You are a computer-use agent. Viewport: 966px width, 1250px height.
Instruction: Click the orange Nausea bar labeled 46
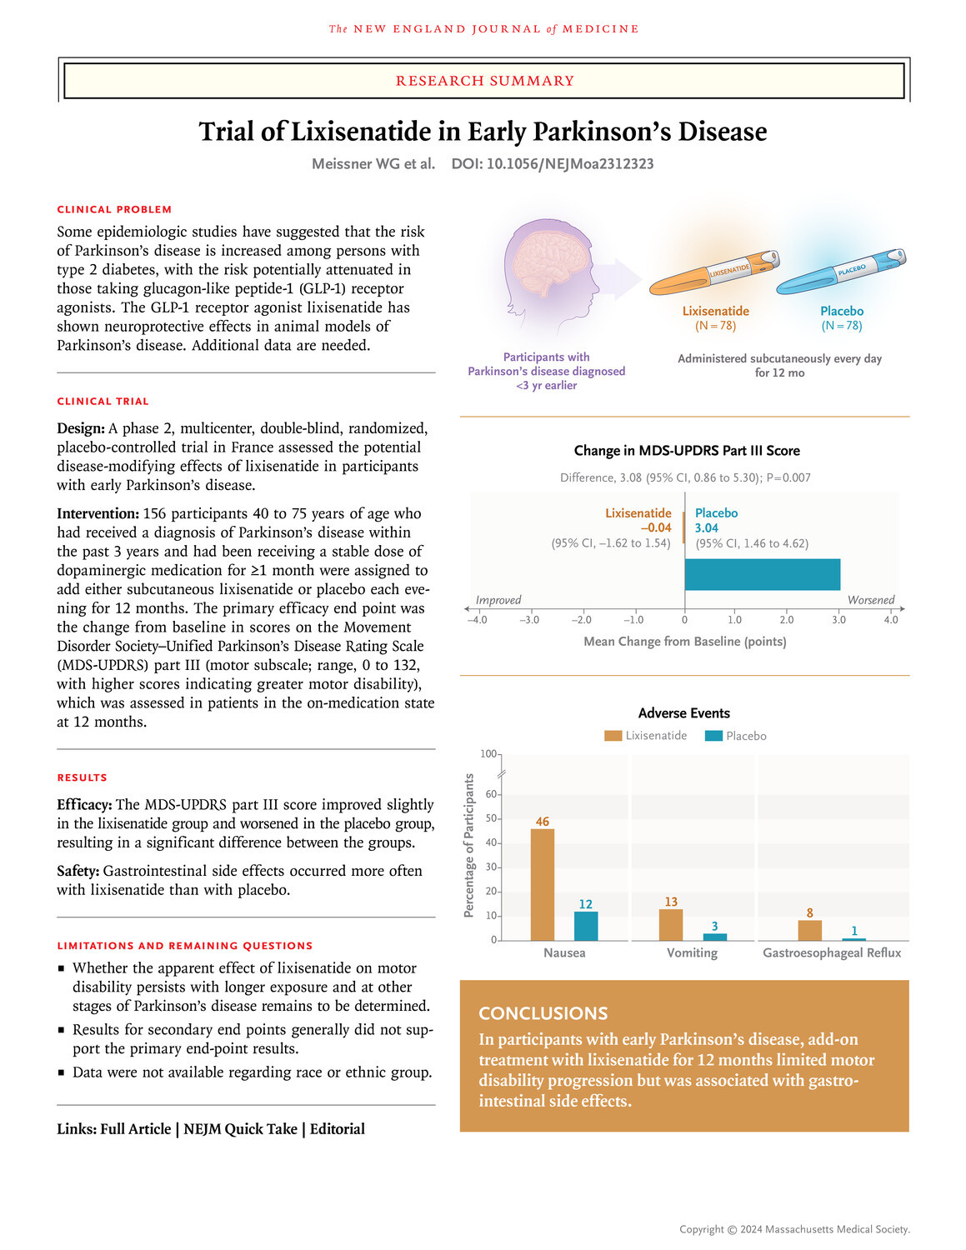point(542,884)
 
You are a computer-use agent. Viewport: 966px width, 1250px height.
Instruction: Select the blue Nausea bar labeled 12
point(586,926)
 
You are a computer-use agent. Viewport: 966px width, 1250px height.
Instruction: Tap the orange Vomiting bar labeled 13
point(671,924)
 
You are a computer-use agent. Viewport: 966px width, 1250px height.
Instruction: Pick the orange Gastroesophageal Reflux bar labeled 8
point(809,930)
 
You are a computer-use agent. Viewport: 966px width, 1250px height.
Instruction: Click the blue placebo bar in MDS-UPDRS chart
point(762,575)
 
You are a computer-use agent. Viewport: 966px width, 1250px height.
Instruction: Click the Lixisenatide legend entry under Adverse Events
point(647,736)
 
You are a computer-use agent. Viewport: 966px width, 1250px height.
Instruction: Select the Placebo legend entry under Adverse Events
point(736,736)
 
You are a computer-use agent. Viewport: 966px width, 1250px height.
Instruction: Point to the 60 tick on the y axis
point(491,794)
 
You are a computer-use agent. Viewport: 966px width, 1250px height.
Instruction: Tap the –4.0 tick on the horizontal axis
point(477,619)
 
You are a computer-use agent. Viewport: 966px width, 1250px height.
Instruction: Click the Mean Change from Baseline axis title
point(684,641)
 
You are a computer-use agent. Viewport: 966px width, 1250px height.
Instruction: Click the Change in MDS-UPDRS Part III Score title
point(686,451)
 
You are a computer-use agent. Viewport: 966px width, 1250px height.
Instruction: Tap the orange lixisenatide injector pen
point(714,273)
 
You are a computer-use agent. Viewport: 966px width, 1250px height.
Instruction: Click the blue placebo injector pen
point(840,272)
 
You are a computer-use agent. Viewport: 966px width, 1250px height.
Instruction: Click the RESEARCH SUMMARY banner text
point(484,81)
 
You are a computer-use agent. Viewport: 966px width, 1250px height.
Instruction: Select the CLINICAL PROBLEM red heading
point(114,209)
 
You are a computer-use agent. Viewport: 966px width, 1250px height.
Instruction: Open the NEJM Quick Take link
point(240,1129)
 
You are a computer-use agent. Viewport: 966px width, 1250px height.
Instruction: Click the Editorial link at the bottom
point(338,1129)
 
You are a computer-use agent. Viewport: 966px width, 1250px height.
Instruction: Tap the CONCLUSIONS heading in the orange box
point(543,1013)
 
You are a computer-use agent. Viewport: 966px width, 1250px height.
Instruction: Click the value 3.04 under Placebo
point(707,527)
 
